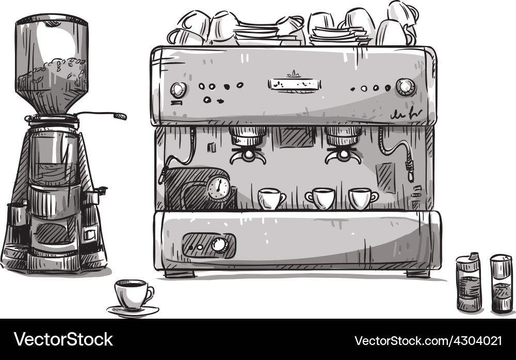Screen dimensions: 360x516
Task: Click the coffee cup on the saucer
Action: (131, 294)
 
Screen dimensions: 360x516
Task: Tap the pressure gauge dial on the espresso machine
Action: (219, 189)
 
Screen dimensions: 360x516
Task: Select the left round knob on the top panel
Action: (178, 90)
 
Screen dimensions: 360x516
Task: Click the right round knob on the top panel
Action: (406, 87)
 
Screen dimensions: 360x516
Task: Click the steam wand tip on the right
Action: (410, 173)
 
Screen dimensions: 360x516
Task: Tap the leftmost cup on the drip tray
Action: (270, 199)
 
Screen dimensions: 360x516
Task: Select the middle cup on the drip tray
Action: (320, 198)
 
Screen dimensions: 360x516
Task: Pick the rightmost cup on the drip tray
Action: (362, 198)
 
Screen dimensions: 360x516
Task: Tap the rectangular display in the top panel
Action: (294, 84)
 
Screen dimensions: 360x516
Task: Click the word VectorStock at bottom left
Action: (63, 339)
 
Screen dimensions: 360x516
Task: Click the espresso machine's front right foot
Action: (418, 274)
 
